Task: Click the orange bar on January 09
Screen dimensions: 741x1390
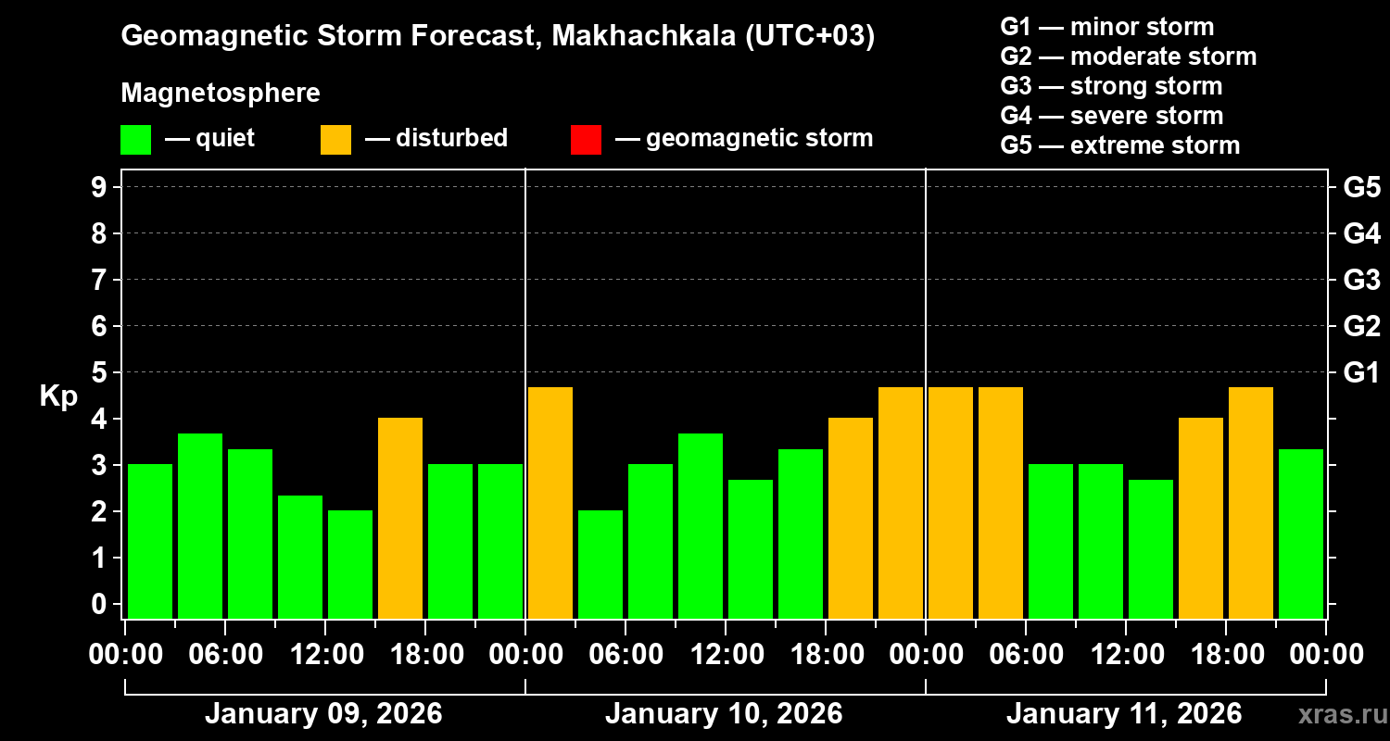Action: click(x=400, y=518)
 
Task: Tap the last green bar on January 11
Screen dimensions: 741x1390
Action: click(x=1301, y=534)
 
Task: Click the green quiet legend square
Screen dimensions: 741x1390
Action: click(x=135, y=140)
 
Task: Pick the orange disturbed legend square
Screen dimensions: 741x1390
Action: click(x=335, y=140)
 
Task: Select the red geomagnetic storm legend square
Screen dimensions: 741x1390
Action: click(x=586, y=140)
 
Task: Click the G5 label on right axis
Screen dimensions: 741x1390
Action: click(x=1361, y=187)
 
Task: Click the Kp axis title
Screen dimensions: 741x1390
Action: click(x=58, y=396)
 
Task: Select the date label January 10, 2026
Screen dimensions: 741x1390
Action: click(x=724, y=713)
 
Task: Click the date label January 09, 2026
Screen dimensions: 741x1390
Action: click(x=322, y=713)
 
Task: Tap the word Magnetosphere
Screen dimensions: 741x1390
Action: click(x=221, y=94)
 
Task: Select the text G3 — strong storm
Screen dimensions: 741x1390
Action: click(x=1111, y=86)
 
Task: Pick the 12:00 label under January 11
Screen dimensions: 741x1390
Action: click(x=1125, y=654)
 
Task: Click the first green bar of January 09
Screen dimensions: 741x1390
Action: click(x=150, y=541)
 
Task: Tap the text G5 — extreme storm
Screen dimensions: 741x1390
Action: click(x=1119, y=145)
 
